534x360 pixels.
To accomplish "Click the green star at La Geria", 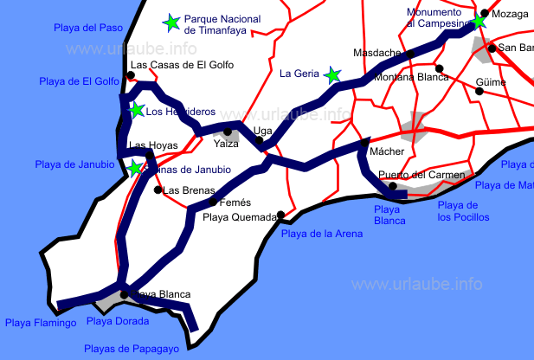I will [332, 75].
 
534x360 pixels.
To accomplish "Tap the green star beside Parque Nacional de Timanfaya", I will [171, 22].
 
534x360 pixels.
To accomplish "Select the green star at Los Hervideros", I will [136, 110].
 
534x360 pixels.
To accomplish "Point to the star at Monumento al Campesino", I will [479, 21].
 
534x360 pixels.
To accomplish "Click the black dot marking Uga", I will [259, 140].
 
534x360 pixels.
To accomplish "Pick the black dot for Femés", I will [213, 202].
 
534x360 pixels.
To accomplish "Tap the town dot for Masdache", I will [410, 54].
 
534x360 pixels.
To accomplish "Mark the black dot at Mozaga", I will [485, 14].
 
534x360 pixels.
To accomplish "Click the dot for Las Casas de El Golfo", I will [130, 75].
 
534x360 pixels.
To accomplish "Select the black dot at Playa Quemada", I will [280, 215].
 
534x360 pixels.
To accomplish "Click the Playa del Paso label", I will [87, 28].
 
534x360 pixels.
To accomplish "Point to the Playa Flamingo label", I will [40, 323].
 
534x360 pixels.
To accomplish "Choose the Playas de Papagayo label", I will [131, 349].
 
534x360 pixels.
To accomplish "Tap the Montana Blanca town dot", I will [440, 68].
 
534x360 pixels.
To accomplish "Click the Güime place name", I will [490, 83].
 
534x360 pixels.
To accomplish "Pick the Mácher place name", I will [387, 151].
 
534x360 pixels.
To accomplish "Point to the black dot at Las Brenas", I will [158, 189].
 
